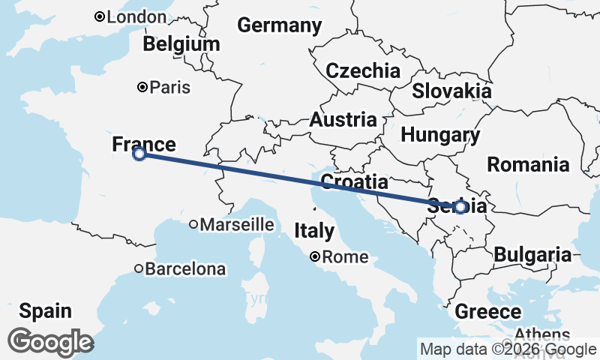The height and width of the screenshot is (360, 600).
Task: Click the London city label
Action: point(136,16)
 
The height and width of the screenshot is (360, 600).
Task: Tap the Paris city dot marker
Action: point(142,87)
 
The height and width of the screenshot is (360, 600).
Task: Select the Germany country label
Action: point(280,25)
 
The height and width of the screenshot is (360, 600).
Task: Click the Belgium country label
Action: point(181,44)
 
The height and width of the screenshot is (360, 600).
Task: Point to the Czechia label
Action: point(363,71)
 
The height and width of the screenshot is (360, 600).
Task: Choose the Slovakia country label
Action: point(451,91)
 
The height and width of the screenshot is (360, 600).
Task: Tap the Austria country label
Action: point(343,120)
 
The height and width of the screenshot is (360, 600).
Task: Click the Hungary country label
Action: point(440,136)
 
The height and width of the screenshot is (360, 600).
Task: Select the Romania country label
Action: point(529,164)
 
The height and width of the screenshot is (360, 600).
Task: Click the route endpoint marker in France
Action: point(139,154)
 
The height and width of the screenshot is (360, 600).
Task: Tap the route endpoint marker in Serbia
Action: point(460,206)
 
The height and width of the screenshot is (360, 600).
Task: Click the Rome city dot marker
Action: point(316,257)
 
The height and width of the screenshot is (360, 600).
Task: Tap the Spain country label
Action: point(46,310)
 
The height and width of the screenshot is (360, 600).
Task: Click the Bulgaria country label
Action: point(532,255)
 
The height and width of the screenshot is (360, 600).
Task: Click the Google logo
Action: point(50,342)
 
